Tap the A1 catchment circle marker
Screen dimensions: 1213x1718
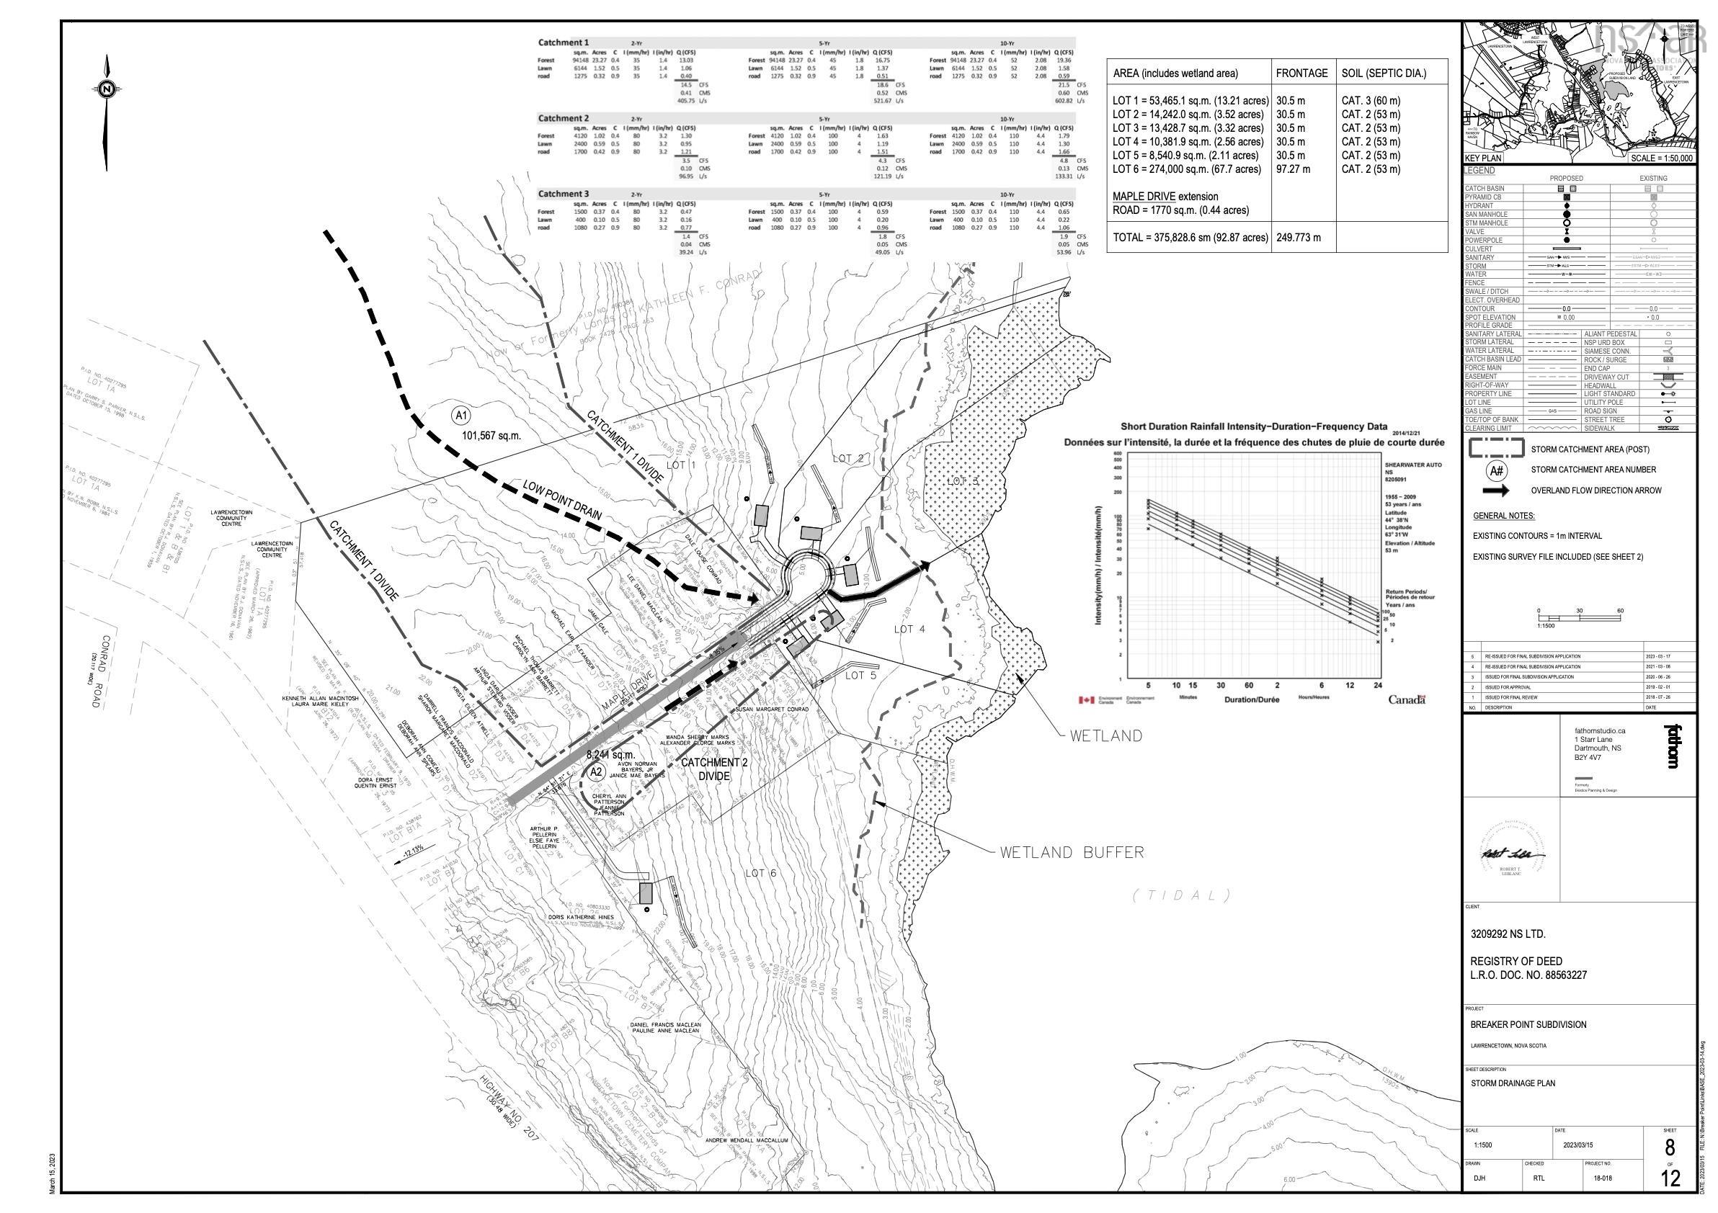(x=461, y=415)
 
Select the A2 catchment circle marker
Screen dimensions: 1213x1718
(x=597, y=771)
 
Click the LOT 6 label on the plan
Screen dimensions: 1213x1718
(x=761, y=873)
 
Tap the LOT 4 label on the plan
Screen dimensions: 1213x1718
(x=909, y=629)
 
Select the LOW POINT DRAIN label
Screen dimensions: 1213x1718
(x=562, y=501)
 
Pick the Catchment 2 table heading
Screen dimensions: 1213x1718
(x=563, y=118)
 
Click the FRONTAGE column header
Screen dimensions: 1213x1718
(x=1302, y=73)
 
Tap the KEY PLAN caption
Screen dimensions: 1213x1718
(x=1483, y=158)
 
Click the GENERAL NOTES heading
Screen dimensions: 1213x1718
(x=1503, y=516)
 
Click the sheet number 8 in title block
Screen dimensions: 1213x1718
(x=1668, y=1147)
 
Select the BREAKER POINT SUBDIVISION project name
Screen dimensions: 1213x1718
(x=1528, y=1024)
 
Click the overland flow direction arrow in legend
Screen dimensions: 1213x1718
(x=1499, y=491)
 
